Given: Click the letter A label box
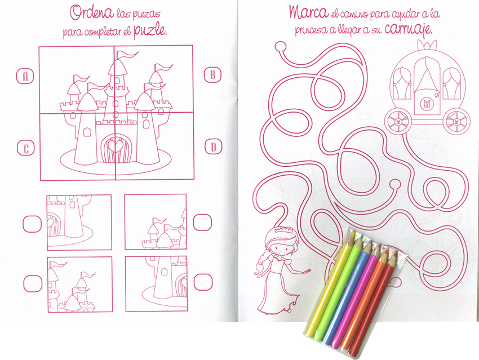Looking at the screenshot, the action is [x=25, y=76].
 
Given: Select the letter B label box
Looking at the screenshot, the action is [x=212, y=75].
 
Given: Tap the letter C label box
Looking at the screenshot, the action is [x=26, y=148].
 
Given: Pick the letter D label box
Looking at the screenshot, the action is [x=213, y=146].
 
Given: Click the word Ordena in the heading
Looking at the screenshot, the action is [x=92, y=13].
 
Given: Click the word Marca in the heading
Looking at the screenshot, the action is [x=309, y=12].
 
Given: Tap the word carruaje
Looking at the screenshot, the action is [x=409, y=30].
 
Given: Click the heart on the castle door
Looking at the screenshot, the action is [x=116, y=145].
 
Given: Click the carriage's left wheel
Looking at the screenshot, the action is [x=398, y=121].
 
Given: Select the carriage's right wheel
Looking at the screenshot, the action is [x=456, y=122].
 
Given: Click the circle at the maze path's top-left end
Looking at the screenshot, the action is [x=281, y=47].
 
